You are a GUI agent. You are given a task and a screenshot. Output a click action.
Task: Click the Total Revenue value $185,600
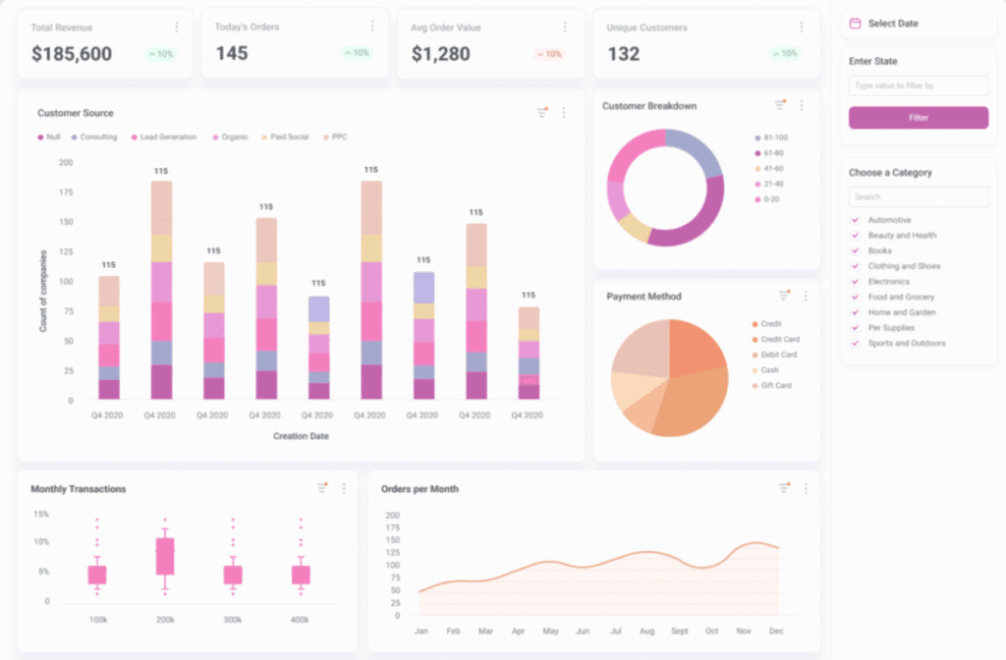(72, 54)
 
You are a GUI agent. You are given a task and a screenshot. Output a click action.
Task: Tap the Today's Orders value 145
(232, 54)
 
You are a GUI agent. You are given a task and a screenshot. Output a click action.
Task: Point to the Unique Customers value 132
(623, 54)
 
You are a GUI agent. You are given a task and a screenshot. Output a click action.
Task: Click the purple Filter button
(918, 118)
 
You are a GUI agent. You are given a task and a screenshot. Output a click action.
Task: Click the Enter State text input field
(918, 86)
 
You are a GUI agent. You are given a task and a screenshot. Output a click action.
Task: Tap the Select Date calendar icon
(855, 23)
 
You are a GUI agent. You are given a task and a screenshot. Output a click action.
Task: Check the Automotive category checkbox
(855, 220)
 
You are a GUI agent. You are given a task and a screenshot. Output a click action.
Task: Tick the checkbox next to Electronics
(855, 282)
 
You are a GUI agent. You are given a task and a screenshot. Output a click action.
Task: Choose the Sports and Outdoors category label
(906, 344)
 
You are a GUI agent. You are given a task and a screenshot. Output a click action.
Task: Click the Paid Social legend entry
(290, 137)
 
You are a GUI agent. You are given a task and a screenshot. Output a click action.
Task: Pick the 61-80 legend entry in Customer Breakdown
(770, 153)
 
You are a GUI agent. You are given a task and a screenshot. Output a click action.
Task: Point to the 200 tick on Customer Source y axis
(66, 162)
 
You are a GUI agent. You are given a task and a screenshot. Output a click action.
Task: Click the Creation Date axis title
(301, 436)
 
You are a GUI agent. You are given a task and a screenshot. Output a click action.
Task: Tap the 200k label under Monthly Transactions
(164, 621)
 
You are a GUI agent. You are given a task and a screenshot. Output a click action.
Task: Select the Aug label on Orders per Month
(646, 631)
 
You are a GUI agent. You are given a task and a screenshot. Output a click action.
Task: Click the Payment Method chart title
(643, 297)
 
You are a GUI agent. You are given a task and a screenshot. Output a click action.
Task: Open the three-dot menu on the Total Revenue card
(177, 27)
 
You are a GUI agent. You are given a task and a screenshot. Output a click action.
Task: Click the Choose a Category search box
(918, 196)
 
